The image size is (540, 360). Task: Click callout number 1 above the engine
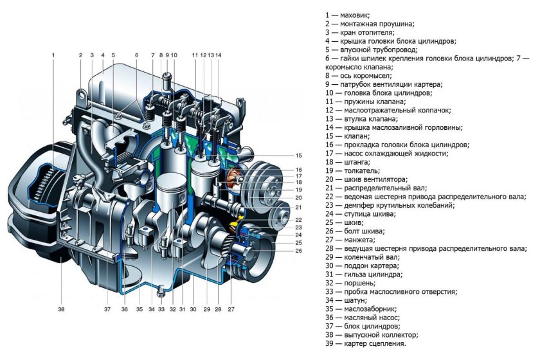(x=53, y=55)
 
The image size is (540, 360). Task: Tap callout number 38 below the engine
(x=61, y=309)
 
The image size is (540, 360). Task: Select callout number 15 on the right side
(x=298, y=156)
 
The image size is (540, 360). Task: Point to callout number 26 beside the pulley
(x=298, y=251)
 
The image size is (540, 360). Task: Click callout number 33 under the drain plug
(x=161, y=309)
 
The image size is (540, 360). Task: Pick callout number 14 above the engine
(x=218, y=55)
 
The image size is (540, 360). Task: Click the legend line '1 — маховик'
(x=348, y=15)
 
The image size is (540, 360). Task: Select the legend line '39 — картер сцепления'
(x=366, y=343)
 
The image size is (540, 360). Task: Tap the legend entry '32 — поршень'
(x=350, y=283)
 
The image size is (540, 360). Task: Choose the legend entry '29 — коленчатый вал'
(x=363, y=257)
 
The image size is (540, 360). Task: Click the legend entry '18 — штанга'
(x=348, y=162)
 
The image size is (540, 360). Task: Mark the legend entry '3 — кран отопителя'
(x=360, y=32)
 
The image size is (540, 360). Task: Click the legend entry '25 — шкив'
(x=345, y=222)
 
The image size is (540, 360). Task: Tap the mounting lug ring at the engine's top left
(x=82, y=94)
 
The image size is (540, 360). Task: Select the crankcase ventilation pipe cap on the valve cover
(x=167, y=79)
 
